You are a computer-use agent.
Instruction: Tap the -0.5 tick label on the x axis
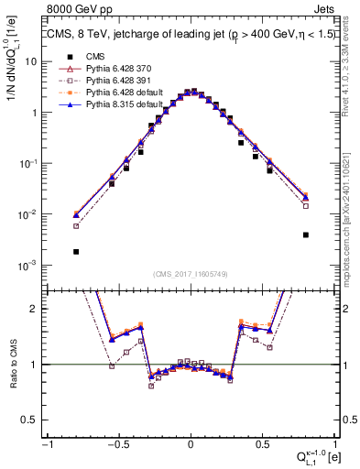pyautogui.click(x=118, y=443)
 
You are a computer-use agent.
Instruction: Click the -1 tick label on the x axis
pyautogui.click(x=47, y=443)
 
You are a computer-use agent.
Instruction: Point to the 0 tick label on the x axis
pyautogui.click(x=191, y=443)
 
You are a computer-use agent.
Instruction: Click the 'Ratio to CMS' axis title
pyautogui.click(x=12, y=364)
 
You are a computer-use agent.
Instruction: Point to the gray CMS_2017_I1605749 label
pyautogui.click(x=191, y=276)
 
